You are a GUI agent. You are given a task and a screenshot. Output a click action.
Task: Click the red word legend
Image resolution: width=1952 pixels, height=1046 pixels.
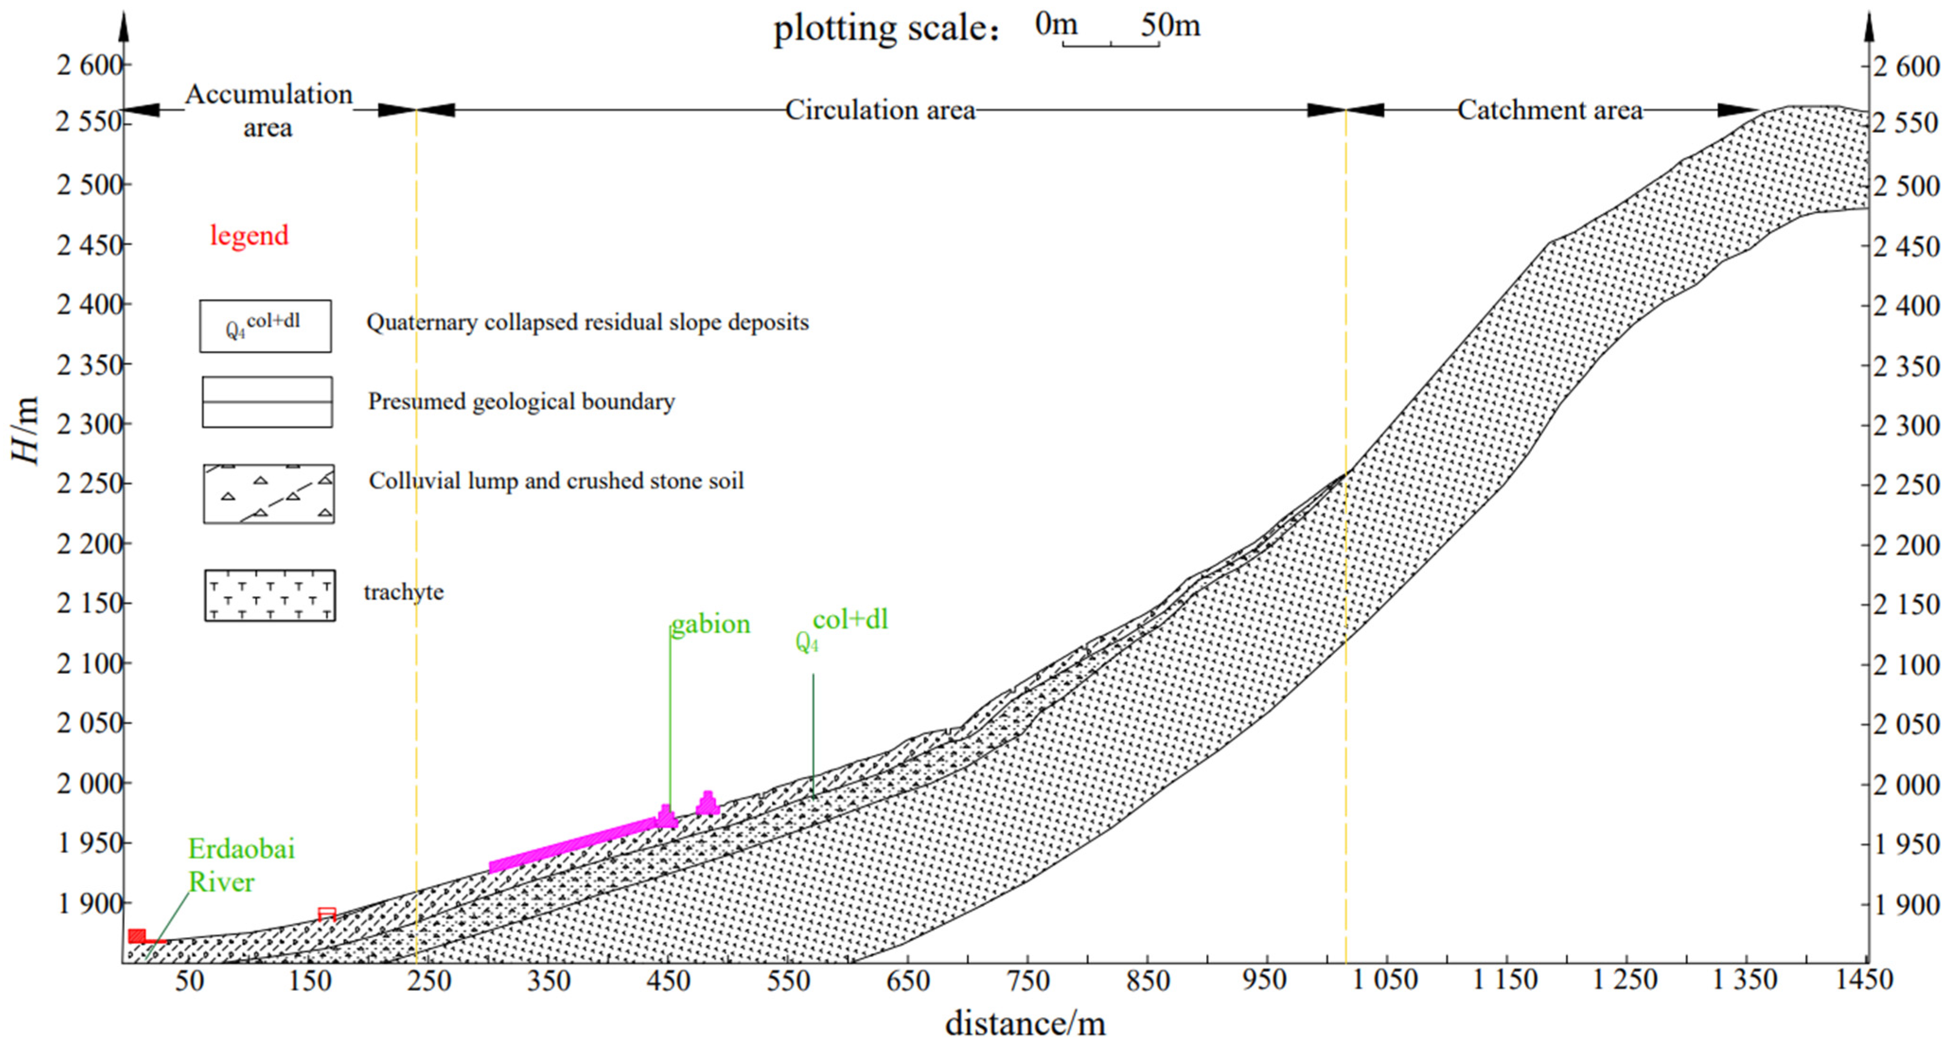(249, 236)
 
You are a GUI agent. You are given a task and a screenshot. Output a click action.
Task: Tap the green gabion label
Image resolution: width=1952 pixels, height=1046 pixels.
(710, 624)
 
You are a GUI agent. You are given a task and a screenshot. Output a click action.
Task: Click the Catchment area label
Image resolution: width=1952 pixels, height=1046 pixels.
(1549, 111)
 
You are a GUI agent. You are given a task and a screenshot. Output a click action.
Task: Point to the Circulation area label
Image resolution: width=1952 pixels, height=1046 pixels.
(880, 111)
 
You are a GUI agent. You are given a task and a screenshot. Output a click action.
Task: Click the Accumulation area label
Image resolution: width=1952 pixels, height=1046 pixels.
(268, 111)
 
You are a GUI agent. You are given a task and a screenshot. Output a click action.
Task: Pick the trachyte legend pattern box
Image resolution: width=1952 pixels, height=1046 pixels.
(270, 596)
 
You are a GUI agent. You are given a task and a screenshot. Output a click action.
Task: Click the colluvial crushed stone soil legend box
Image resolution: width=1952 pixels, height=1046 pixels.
(268, 494)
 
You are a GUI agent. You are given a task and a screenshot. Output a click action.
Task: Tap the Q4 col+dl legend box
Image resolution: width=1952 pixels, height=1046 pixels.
(265, 326)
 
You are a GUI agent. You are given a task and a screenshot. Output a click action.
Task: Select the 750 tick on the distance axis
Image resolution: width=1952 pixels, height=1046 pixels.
(1028, 981)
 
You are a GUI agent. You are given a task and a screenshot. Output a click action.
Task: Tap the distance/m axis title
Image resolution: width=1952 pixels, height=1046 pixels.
(1025, 1024)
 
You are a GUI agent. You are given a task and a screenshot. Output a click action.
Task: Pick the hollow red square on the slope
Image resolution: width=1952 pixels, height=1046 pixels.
(326, 914)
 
